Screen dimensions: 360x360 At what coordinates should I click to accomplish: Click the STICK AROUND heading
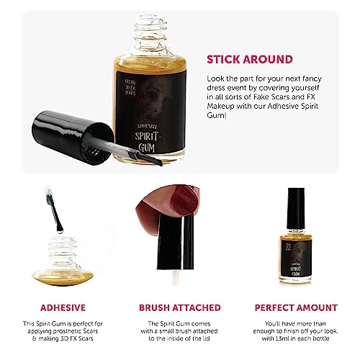(249, 59)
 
